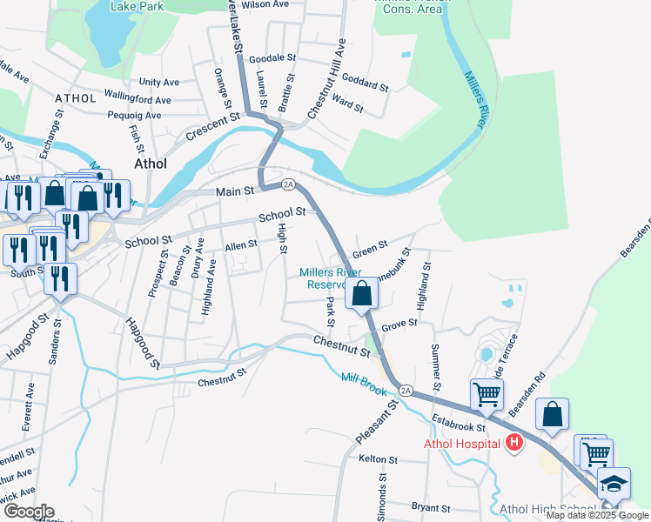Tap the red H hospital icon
pos(514,444)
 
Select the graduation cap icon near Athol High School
pos(614,483)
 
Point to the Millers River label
pos(474,100)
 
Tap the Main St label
pos(235,190)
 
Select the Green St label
pos(370,250)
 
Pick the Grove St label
pos(400,323)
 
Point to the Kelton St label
pos(378,458)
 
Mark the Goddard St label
pos(365,85)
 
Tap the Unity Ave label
pos(159,82)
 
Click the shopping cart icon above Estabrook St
pos(487,394)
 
